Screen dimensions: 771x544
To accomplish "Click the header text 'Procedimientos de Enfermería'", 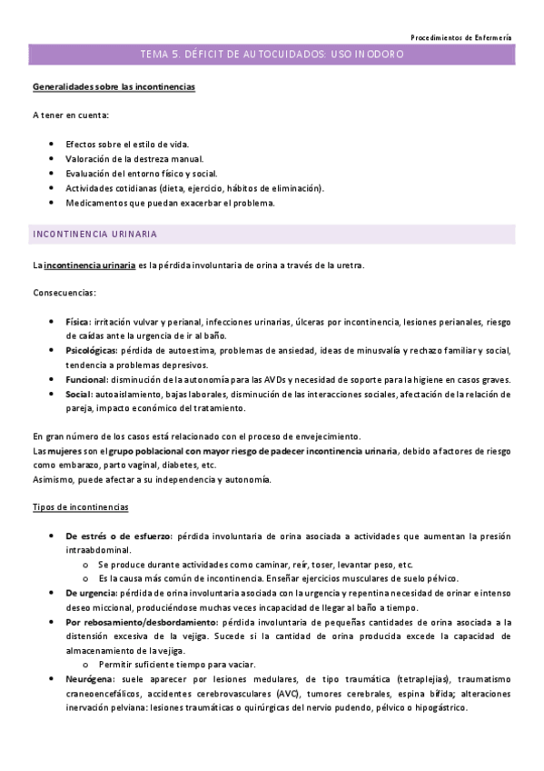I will click(460, 37).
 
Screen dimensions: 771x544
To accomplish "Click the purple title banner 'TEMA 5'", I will click(272, 55).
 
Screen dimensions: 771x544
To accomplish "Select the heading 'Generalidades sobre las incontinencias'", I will click(114, 87).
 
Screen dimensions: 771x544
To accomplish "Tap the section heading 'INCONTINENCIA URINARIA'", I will click(94, 235).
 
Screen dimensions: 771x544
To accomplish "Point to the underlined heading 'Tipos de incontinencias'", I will click(80, 506).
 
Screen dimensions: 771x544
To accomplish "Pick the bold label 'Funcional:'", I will click(86, 379).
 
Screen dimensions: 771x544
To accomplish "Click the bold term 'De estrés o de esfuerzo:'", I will click(120, 536).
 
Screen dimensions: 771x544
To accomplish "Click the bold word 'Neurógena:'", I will click(89, 679).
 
